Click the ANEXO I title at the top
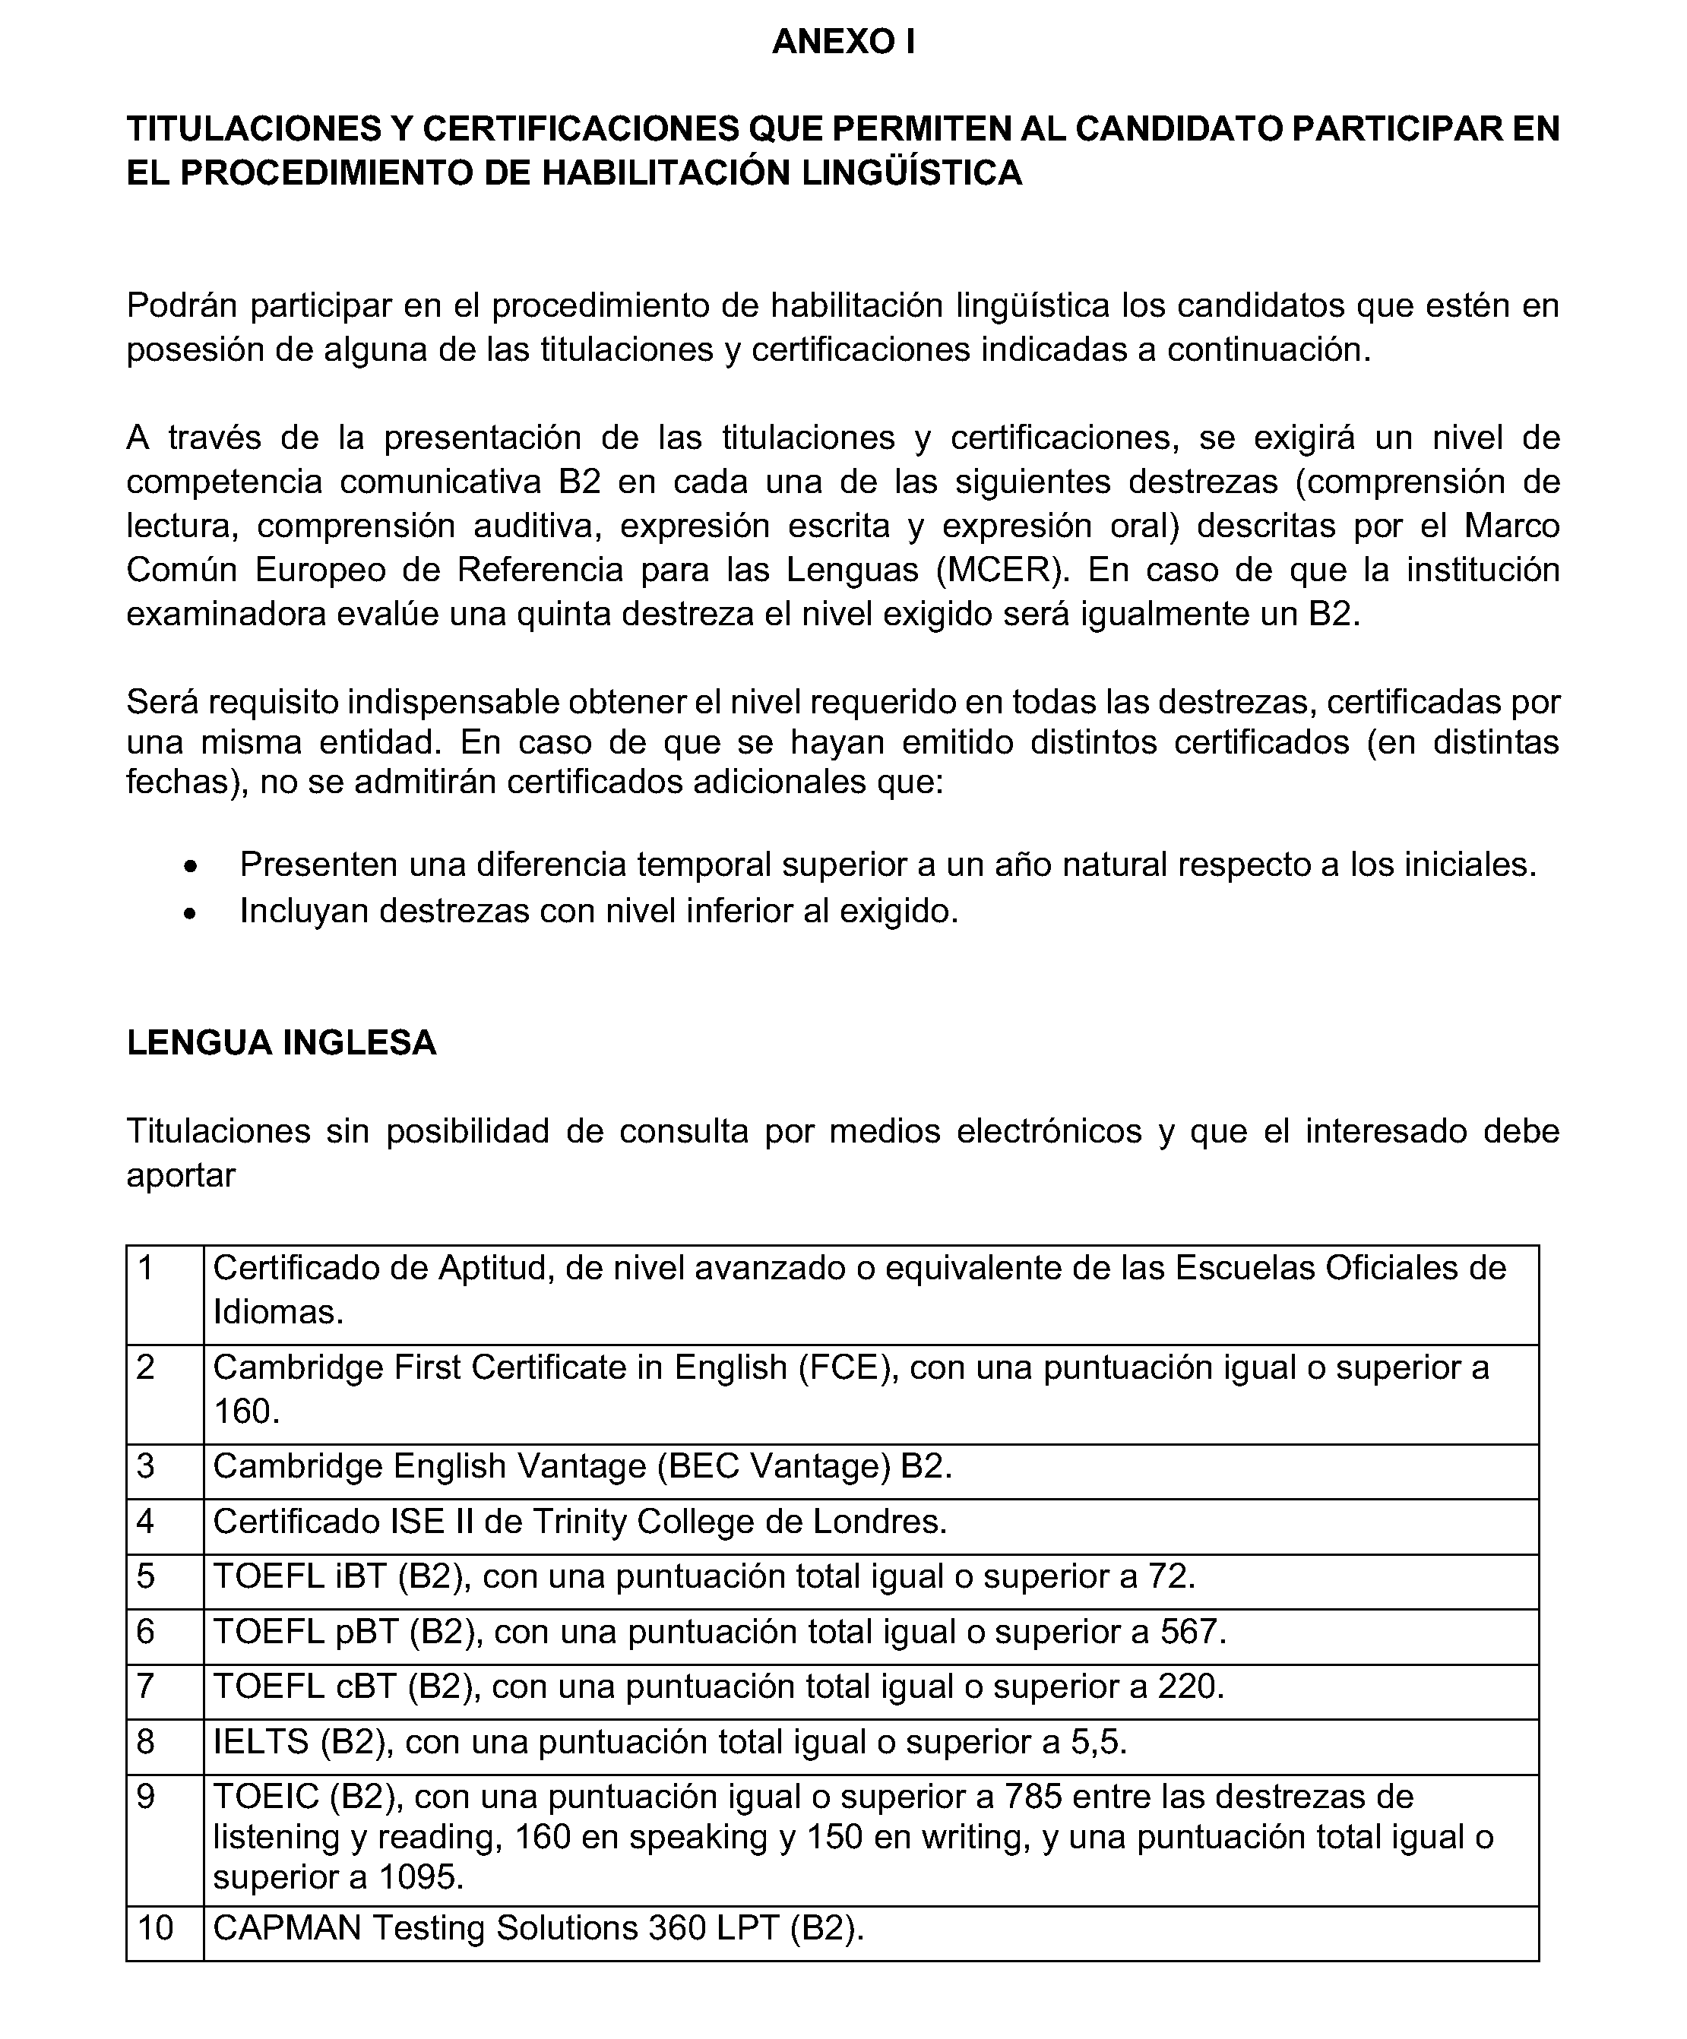pyautogui.click(x=842, y=42)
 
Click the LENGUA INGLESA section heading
pyautogui.click(x=282, y=1042)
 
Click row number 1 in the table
pyautogui.click(x=146, y=1268)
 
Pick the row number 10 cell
pyautogui.click(x=155, y=1927)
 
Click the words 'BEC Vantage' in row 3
pyautogui.click(x=773, y=1465)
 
